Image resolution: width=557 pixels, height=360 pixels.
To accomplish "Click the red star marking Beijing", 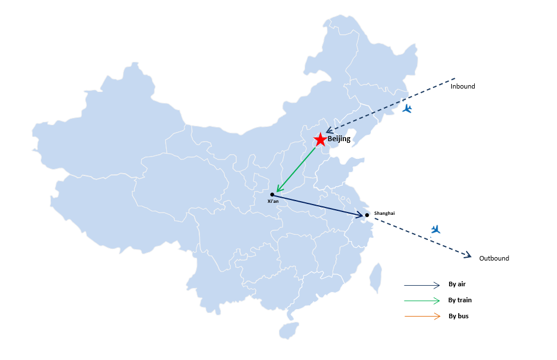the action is pos(320,139).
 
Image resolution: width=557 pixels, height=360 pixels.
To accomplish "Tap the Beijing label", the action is pos(339,139).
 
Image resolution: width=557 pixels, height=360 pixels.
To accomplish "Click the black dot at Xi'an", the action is pos(272,194).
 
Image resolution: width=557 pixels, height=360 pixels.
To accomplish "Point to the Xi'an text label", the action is pos(273,201).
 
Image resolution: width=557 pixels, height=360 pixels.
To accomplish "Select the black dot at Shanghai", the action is pos(367,215).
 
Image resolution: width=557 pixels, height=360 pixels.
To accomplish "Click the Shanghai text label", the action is pos(384,213).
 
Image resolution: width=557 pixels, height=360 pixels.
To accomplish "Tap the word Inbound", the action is pos(463,86).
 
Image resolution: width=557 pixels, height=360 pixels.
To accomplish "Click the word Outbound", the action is pos(494,258).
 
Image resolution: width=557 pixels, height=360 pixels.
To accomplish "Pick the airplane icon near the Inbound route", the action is pos(407,109).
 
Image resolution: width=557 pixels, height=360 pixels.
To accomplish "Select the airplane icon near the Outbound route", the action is pos(435,229).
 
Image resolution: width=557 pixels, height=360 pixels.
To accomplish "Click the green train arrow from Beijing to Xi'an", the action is pos(296,170).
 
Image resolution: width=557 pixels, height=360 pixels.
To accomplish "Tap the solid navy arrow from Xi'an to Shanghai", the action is pos(318,205).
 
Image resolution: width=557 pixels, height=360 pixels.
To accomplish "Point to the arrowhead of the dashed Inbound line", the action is pos(329,130).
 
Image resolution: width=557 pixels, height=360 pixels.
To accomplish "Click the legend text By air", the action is pos(457,284).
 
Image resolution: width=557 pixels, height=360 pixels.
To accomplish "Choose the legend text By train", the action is pos(460,300).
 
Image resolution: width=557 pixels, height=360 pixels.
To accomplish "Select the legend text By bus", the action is pos(458,316).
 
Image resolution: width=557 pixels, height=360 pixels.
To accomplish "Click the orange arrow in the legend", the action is pos(422,316).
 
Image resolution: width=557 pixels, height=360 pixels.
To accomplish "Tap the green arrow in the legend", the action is pos(422,301).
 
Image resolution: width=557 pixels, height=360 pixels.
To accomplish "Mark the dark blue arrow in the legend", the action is pos(422,285).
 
